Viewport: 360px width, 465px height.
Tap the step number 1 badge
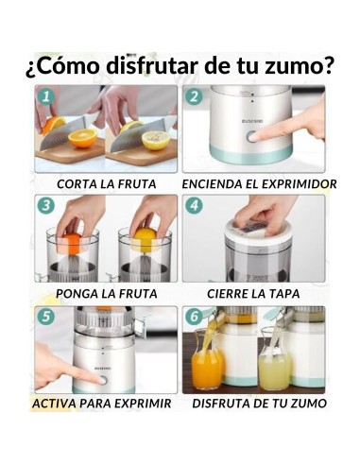pos(45,96)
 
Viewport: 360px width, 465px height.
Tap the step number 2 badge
pos(194,96)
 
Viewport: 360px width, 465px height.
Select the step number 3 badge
pos(45,205)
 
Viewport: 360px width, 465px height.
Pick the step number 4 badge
pos(194,205)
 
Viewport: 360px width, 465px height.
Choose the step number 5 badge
pos(45,317)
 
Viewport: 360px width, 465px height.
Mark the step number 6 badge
pos(194,317)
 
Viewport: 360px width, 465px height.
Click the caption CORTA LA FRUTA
pos(107,183)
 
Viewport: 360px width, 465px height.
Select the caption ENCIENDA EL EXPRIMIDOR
pos(259,183)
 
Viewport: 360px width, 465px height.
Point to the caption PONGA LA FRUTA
pos(107,293)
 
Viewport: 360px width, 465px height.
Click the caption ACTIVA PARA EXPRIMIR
pos(102,404)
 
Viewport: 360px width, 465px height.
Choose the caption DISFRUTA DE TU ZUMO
pos(259,404)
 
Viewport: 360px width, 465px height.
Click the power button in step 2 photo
pos(252,136)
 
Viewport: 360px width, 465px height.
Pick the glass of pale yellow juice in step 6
pos(273,369)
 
